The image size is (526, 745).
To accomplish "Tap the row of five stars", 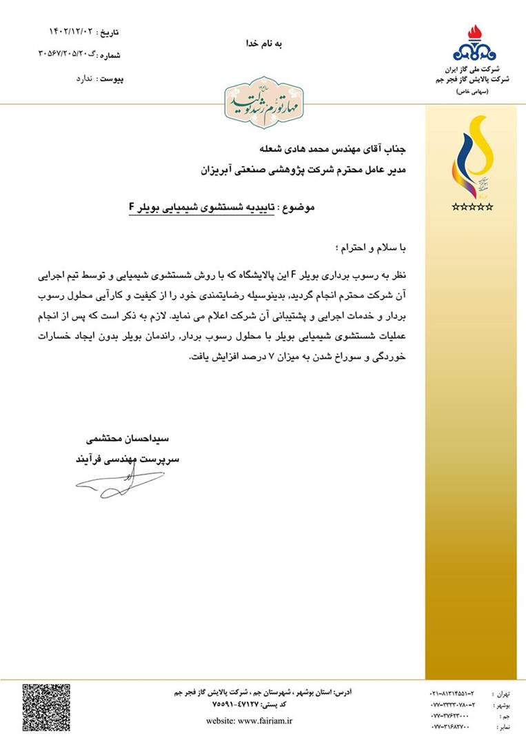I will pos(472,206).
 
